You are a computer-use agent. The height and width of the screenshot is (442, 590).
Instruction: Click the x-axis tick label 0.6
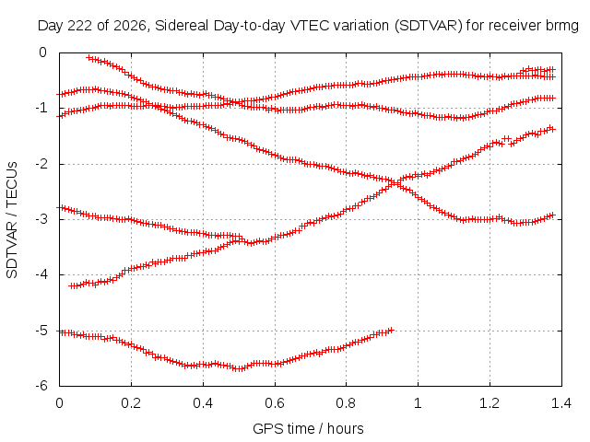pos(275,403)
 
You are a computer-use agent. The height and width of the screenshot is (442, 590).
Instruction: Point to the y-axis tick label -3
pos(42,219)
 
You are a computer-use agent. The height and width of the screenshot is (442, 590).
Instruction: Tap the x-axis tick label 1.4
pos(561,403)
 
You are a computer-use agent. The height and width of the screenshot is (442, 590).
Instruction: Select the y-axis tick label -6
pos(42,386)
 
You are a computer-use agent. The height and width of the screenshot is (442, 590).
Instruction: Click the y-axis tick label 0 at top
pos(43,52)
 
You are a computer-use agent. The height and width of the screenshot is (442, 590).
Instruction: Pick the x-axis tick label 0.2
pos(131,403)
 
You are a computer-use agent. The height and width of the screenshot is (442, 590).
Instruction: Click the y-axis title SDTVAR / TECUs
pos(12,220)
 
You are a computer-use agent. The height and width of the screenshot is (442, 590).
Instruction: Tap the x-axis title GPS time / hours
pos(308,428)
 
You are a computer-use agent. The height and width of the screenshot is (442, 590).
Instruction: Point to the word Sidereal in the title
pos(182,26)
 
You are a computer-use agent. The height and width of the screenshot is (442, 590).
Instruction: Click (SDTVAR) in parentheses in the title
pos(428,26)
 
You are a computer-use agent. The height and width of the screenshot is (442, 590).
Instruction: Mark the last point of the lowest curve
pos(391,330)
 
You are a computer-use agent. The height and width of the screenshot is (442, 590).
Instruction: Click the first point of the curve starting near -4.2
pos(72,286)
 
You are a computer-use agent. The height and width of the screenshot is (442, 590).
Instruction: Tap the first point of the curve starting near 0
pos(89,58)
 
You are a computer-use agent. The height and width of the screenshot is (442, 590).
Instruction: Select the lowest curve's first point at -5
pos(60,332)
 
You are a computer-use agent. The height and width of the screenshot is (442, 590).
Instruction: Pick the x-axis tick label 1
pos(418,403)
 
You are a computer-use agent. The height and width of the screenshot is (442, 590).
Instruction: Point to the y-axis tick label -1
pos(42,109)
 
